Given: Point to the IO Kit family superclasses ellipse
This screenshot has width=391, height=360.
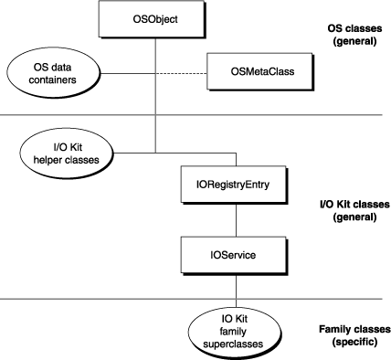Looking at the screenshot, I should point(237,332).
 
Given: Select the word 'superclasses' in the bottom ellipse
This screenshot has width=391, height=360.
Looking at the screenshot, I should point(237,344).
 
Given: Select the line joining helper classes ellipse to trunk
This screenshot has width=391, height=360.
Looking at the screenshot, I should point(128,149).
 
